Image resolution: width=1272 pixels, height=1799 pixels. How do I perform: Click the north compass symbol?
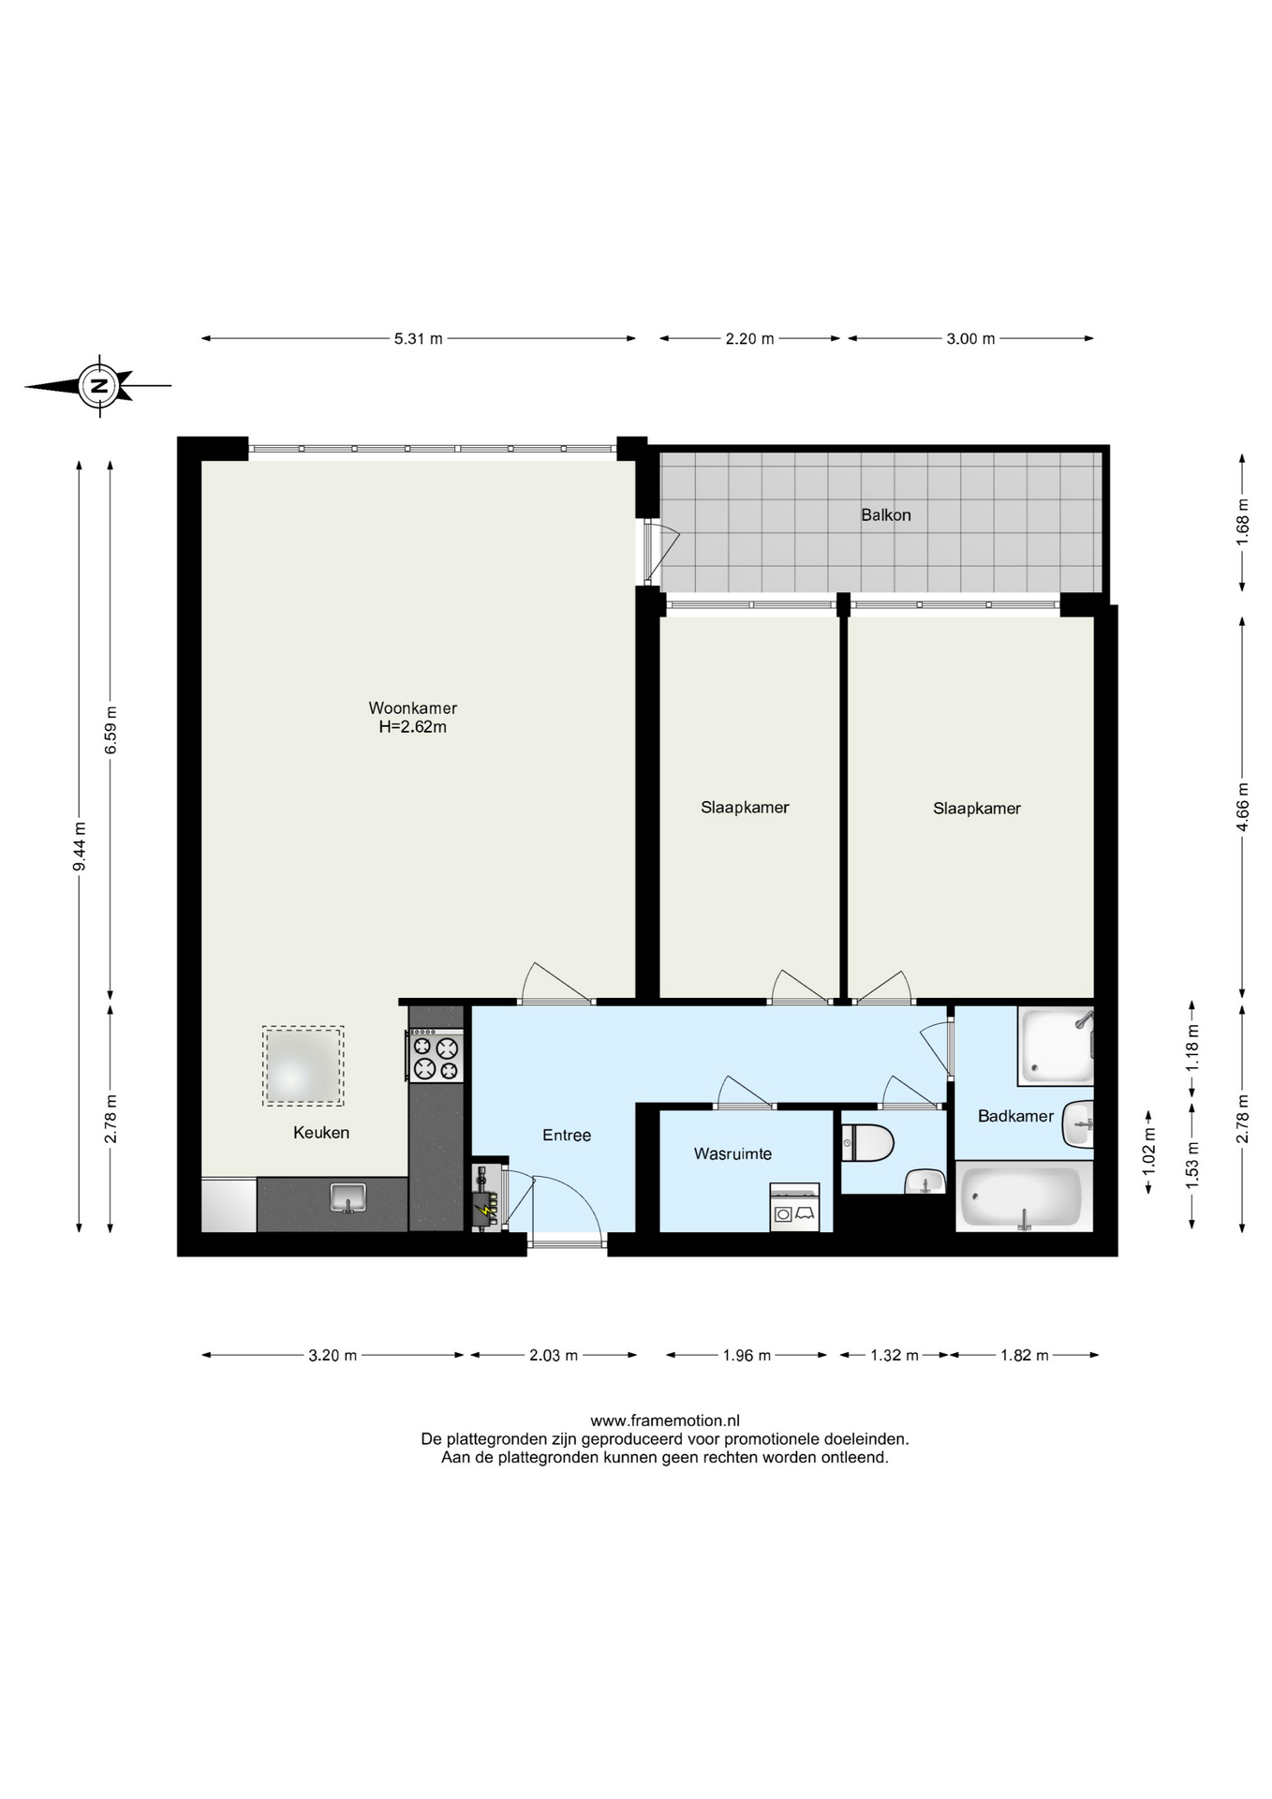tap(99, 384)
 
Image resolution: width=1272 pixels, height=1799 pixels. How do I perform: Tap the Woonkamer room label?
tap(412, 708)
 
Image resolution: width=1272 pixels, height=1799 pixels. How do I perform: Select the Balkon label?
tap(886, 514)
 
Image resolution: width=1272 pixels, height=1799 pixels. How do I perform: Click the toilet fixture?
tap(867, 1143)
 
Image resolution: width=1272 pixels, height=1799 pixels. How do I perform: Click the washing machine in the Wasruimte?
tap(794, 1207)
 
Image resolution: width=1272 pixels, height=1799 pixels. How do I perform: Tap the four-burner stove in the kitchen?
tap(436, 1056)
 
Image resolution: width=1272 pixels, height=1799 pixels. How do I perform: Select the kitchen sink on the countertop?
tap(348, 1197)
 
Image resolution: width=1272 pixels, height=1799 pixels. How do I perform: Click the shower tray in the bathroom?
tap(1056, 1046)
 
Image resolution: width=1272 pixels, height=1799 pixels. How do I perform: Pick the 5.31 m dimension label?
tap(418, 338)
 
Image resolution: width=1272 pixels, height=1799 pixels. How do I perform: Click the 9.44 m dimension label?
tap(80, 846)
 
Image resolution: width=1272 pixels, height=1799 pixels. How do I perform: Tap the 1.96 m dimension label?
tap(747, 1355)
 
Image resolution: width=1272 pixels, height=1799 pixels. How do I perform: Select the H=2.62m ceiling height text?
tap(412, 727)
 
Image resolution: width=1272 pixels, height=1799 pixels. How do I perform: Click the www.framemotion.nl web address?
tap(665, 1420)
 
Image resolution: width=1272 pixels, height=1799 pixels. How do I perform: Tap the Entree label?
tap(567, 1135)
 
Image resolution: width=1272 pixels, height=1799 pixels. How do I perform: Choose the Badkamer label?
tap(1015, 1116)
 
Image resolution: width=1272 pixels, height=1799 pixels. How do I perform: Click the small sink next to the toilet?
tap(925, 1182)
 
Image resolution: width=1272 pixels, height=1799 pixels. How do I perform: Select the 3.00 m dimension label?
tap(970, 338)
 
